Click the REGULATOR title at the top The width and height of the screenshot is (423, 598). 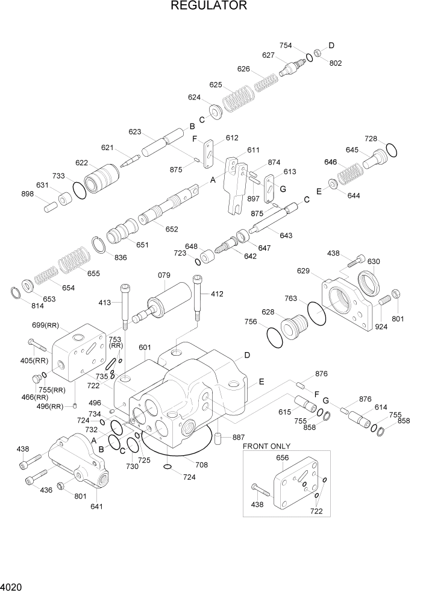209,7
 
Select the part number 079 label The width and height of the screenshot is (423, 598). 165,276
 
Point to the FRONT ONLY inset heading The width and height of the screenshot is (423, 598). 266,446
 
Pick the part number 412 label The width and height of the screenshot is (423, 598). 217,294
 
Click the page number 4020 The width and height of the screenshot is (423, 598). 12,586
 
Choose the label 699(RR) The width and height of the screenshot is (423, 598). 48,326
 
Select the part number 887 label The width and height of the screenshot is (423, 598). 239,436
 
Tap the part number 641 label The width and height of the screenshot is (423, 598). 96,506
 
